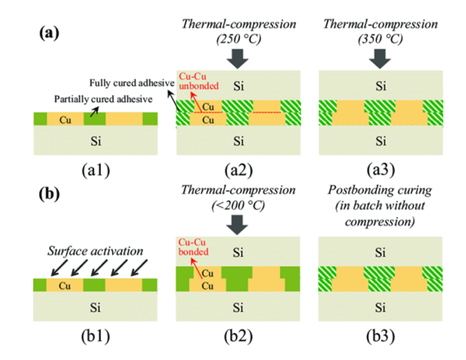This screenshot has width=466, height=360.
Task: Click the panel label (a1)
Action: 96,170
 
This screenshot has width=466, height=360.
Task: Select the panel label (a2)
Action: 238,170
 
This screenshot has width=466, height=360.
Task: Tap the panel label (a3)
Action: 381,170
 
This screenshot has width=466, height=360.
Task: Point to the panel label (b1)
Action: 96,337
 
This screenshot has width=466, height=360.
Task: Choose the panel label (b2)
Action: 238,337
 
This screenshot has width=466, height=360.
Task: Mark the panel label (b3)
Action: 381,337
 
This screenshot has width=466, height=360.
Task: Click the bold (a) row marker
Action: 49,34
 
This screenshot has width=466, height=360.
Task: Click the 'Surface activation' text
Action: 96,251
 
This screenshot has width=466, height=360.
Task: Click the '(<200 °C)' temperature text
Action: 238,206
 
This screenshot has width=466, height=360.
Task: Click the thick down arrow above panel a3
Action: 380,58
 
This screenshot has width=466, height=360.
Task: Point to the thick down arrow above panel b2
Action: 238,224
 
